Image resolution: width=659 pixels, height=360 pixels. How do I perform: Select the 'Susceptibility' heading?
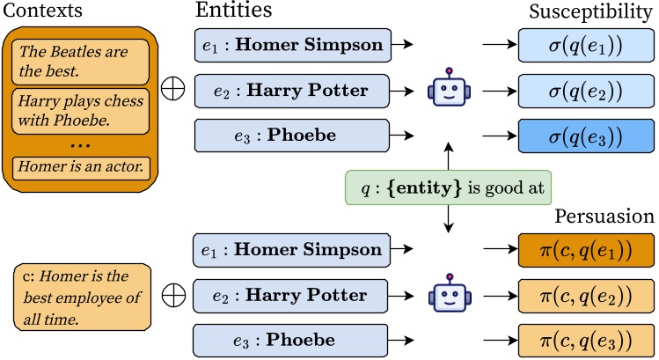click(x=589, y=12)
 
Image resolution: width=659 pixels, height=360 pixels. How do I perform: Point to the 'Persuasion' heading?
click(x=603, y=217)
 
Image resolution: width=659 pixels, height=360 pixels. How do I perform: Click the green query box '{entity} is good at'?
click(x=449, y=188)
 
